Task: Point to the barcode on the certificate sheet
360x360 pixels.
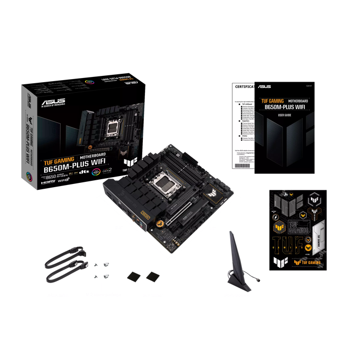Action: (x=243, y=165)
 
